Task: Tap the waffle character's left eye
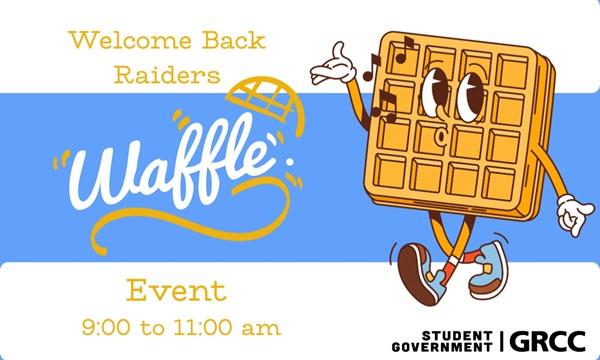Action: (434, 94)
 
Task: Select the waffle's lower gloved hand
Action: (574, 214)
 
